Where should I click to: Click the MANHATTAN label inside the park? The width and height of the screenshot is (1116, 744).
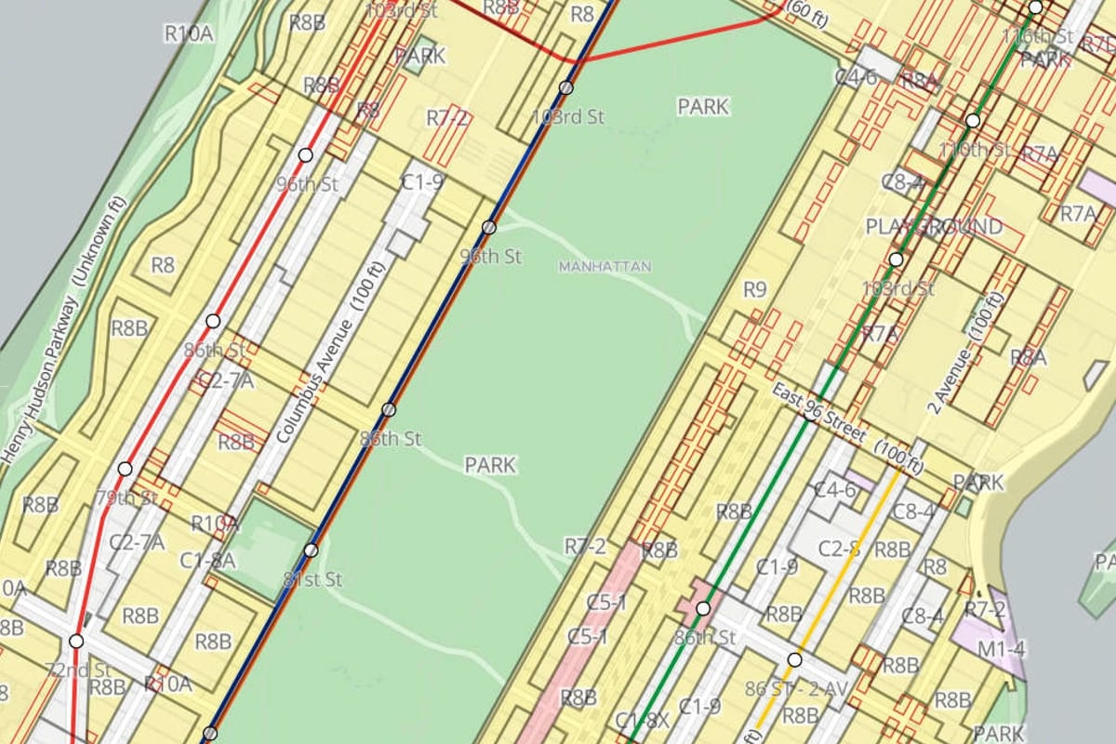pos(604,267)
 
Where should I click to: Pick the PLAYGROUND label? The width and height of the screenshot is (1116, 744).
pos(934,227)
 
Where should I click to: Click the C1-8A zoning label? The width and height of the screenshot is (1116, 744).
pos(207,560)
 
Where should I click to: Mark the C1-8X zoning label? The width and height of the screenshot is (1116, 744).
pos(643,719)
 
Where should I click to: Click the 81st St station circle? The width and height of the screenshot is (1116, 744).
pos(311,551)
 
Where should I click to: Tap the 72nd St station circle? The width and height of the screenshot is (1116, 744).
pos(76,642)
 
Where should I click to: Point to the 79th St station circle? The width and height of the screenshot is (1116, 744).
pos(125,469)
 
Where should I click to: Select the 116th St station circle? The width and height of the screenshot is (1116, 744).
pos(1036,7)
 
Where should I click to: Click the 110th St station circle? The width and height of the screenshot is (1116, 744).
pos(973,121)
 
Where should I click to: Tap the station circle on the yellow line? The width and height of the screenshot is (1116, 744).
pos(794,660)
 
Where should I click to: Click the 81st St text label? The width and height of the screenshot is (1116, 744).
pos(312,580)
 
